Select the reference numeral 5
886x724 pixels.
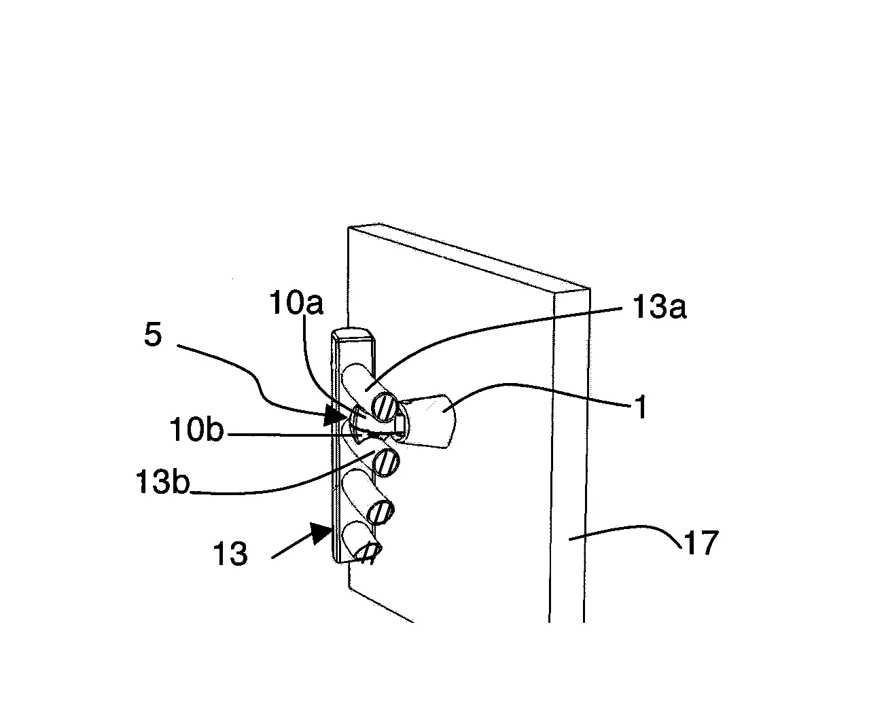[152, 335]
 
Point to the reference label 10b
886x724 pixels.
[196, 430]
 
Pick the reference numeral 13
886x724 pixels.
[230, 554]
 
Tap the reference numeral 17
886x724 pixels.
[701, 543]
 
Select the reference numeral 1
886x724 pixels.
[640, 407]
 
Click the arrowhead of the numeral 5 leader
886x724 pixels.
[336, 416]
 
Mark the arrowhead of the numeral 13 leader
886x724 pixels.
[322, 534]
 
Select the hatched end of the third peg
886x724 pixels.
[381, 512]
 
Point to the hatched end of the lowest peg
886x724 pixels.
[369, 551]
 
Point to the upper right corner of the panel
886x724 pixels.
[590, 289]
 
